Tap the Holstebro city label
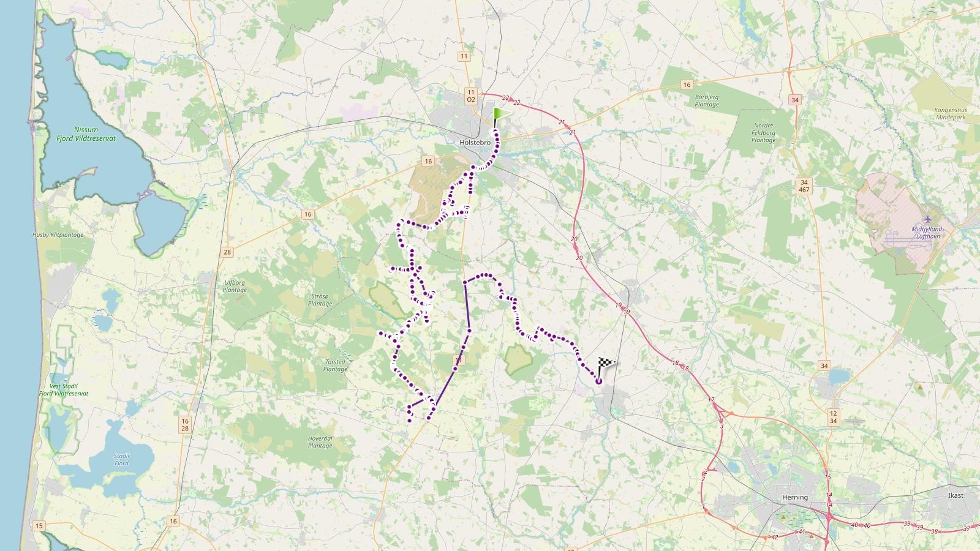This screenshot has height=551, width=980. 475,142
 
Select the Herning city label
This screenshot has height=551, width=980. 795,497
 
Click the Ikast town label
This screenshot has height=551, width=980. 956,495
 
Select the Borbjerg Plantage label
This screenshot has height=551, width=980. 707,100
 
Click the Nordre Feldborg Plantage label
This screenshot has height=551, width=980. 763,133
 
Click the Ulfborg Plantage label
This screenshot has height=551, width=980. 235,286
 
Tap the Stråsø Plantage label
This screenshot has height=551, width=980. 320,299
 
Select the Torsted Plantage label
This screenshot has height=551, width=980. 335,365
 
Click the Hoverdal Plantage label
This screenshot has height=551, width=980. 320,442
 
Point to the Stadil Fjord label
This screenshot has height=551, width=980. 121,459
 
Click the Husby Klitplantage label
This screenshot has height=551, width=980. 58,235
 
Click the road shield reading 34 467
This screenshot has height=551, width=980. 805,186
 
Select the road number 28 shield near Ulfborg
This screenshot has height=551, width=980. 228,252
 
